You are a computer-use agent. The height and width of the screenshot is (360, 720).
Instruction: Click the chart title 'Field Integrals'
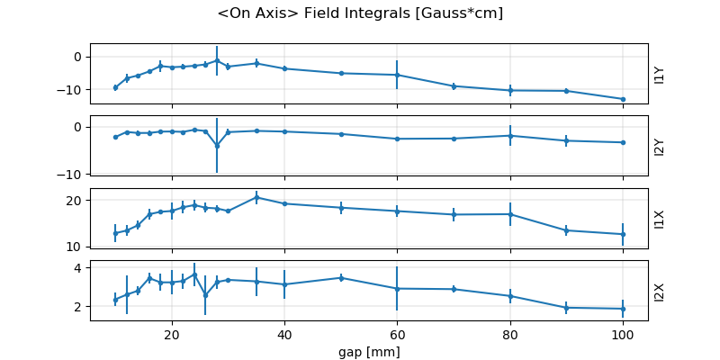pyautogui.click(x=360, y=13)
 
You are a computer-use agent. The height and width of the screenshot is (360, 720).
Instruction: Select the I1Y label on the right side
pyautogui.click(x=660, y=74)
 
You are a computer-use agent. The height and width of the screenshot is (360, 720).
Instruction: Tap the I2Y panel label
pyautogui.click(x=660, y=146)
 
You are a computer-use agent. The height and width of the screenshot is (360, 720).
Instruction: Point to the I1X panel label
pyautogui.click(x=660, y=218)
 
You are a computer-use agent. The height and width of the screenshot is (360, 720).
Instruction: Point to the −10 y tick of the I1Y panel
pyautogui.click(x=71, y=89)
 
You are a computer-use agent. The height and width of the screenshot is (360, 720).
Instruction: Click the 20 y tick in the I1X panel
pyautogui.click(x=76, y=200)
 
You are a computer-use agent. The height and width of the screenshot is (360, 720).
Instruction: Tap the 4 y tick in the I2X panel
pyautogui.click(x=79, y=268)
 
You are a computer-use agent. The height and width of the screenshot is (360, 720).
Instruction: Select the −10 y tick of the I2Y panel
pyautogui.click(x=71, y=174)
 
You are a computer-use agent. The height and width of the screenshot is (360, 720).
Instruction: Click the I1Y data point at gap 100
pyautogui.click(x=623, y=99)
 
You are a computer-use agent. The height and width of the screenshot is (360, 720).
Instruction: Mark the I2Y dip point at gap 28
pyautogui.click(x=217, y=145)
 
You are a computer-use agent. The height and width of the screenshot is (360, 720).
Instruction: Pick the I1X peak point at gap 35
pyautogui.click(x=256, y=197)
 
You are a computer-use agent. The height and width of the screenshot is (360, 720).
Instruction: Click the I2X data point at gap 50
pyautogui.click(x=341, y=278)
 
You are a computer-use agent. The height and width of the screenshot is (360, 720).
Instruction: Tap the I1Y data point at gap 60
pyautogui.click(x=397, y=75)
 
